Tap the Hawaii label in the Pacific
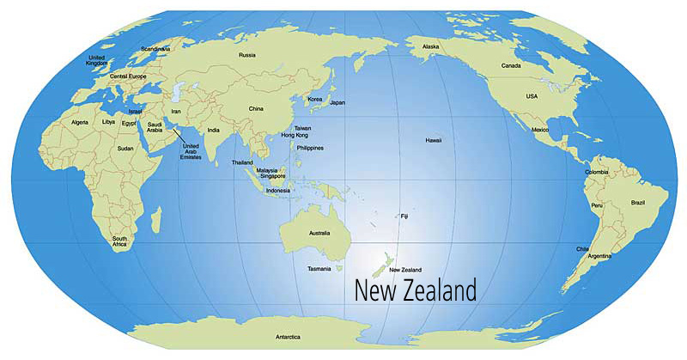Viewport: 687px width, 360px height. [x=433, y=139]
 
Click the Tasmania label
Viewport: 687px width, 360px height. [x=319, y=269]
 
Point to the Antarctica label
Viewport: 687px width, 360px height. [x=289, y=337]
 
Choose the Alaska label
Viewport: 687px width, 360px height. [x=430, y=46]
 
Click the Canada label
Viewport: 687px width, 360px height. [x=511, y=65]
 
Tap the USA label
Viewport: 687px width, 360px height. [x=532, y=96]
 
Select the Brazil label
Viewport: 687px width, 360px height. [x=637, y=203]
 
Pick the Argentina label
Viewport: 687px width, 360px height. [x=599, y=256]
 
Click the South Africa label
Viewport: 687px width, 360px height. [x=119, y=241]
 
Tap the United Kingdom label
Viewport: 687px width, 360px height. [x=98, y=60]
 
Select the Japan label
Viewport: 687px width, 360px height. [x=337, y=102]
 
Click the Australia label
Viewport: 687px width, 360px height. [x=319, y=234]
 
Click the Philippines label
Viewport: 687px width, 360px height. [x=309, y=148]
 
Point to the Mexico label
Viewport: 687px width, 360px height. [x=539, y=130]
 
